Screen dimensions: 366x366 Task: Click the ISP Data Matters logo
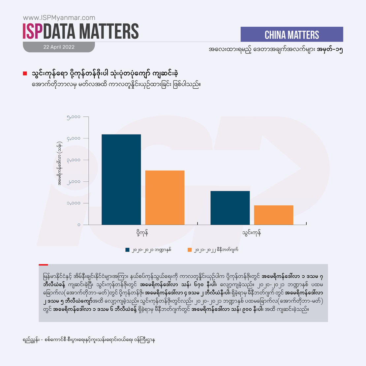(81, 31)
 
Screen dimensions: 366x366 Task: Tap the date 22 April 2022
(59, 47)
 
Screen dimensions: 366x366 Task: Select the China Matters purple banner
(292, 35)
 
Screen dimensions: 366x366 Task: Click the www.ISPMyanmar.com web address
(59, 18)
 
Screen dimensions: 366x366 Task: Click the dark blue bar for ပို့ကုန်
(121, 179)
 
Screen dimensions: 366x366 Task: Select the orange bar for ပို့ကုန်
(165, 198)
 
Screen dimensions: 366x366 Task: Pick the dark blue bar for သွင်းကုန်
(230, 208)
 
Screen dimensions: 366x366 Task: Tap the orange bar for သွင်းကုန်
(273, 215)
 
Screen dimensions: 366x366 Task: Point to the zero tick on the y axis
(78, 225)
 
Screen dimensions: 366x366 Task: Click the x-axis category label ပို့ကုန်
(142, 233)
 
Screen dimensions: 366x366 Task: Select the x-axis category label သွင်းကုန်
(252, 233)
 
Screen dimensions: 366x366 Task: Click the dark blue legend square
(128, 250)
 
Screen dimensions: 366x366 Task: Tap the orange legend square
(189, 250)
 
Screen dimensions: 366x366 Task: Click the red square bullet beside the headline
(25, 73)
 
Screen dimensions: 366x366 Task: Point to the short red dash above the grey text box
(43, 264)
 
